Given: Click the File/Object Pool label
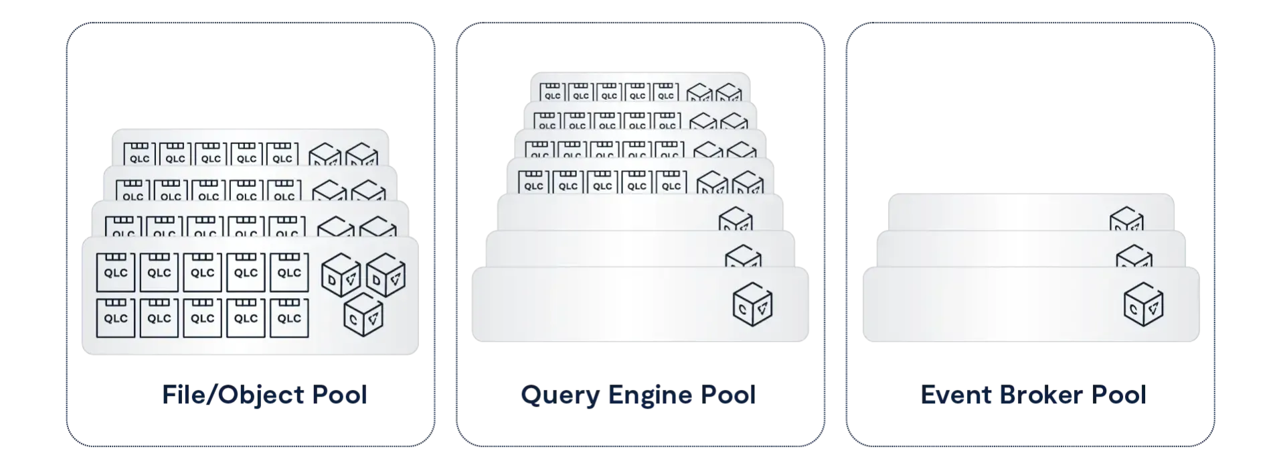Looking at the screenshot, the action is [264, 395].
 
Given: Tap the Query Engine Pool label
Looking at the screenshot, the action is [637, 395].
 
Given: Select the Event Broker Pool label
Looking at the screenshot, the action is [1033, 395].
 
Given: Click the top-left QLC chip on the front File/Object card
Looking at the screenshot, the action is [116, 271].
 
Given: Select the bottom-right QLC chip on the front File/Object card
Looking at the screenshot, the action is [289, 317].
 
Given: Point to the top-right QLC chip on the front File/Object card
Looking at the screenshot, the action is [289, 271].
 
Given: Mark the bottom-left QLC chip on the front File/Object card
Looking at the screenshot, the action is [116, 317].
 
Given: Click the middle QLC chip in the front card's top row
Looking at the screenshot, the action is [202, 271].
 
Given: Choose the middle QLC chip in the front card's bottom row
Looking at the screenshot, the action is [202, 317].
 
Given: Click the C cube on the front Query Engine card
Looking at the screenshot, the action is [753, 305].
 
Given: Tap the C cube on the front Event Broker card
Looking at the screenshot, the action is [1144, 305].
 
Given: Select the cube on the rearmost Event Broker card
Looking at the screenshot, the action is [1127, 220].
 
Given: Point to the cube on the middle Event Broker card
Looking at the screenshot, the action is [1134, 258].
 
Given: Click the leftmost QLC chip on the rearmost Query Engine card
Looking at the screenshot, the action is [552, 92].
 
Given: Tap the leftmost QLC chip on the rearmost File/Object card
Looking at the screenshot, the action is [139, 154].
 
